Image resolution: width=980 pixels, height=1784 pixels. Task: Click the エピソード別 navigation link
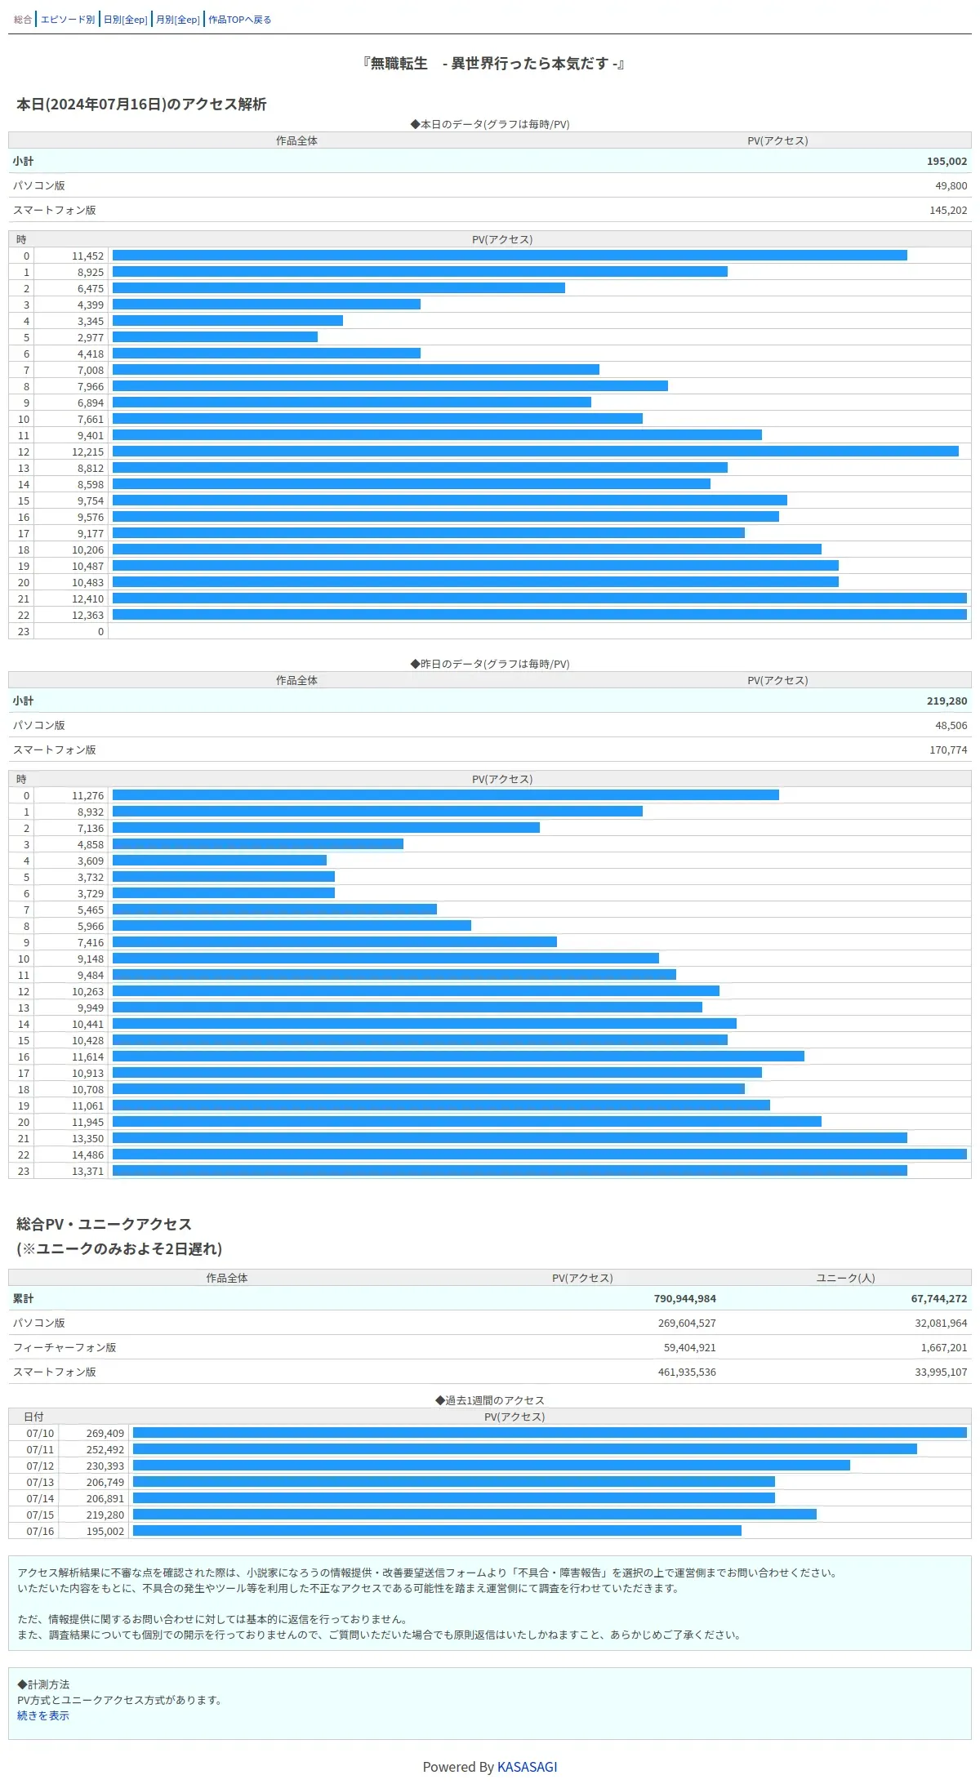point(68,20)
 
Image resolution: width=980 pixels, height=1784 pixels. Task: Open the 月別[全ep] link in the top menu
point(177,20)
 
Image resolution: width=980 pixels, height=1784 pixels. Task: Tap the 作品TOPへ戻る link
point(239,20)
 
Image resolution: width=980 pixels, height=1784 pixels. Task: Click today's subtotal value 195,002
point(947,162)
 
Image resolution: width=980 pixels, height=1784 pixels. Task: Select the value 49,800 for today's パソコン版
point(951,186)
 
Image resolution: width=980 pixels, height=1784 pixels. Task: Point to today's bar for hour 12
point(535,452)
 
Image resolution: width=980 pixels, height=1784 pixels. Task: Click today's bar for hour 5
point(215,337)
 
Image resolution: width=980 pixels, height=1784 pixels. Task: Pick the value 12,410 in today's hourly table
point(87,599)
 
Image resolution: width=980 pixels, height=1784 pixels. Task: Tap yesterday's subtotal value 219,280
point(947,701)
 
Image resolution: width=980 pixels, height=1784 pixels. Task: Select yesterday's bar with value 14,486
point(539,1154)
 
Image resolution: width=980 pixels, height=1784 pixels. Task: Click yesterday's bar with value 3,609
point(219,861)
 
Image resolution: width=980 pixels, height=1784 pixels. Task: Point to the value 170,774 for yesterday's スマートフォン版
point(947,750)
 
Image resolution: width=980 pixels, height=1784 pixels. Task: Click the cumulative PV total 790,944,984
point(684,1299)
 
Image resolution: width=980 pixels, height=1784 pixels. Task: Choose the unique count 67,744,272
point(938,1299)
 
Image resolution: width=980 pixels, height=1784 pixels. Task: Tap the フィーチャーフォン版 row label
point(65,1348)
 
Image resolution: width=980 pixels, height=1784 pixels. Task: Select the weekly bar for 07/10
point(549,1433)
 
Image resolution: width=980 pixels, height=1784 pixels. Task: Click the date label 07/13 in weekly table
point(40,1483)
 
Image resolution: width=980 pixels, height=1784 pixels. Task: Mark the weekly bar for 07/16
point(437,1531)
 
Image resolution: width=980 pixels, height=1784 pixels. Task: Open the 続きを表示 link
point(43,1716)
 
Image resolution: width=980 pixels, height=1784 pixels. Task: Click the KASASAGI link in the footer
point(527,1767)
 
